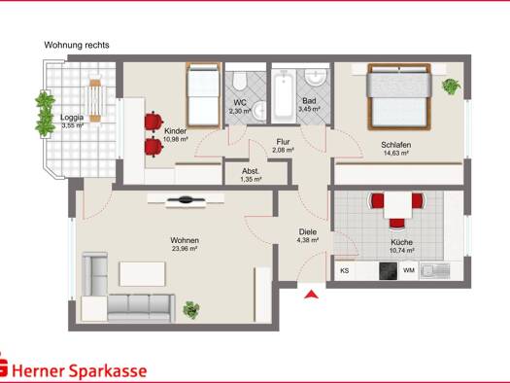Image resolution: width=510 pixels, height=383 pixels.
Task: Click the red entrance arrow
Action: click(x=311, y=295)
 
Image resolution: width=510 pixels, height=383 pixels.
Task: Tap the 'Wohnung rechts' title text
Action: click(x=77, y=45)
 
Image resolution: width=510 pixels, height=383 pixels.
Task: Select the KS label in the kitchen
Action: click(x=345, y=270)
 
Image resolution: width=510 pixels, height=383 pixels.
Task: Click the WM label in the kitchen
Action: click(x=409, y=270)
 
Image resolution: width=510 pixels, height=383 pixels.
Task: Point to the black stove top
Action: click(x=389, y=271)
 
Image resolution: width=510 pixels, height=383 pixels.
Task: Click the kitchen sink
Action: click(x=435, y=270)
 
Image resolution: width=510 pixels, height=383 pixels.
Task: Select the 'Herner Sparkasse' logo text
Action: click(x=80, y=371)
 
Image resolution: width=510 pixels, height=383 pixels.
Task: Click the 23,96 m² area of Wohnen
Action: click(x=185, y=249)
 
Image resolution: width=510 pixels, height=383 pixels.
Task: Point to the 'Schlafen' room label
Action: click(x=395, y=145)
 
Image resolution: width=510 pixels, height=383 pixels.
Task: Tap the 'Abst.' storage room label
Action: click(x=251, y=171)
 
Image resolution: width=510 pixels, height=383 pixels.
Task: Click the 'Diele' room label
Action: click(x=308, y=232)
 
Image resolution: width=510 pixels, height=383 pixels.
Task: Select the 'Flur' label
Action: click(x=283, y=142)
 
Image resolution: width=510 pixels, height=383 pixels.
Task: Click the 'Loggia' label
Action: click(x=72, y=118)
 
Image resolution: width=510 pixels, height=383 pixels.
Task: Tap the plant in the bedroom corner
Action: click(x=451, y=86)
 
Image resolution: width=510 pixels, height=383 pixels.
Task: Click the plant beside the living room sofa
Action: click(x=191, y=310)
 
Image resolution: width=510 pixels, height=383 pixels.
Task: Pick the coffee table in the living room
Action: click(x=143, y=274)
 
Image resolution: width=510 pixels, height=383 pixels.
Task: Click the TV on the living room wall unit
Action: click(x=186, y=199)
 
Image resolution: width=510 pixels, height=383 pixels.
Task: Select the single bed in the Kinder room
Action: click(x=203, y=95)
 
